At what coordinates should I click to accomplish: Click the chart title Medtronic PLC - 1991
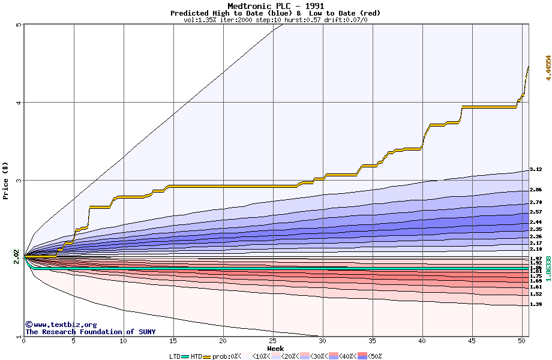click(x=275, y=6)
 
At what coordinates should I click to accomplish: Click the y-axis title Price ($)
click(x=6, y=180)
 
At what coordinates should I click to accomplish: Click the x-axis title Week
click(x=275, y=348)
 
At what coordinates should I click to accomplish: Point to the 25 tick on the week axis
click(x=272, y=341)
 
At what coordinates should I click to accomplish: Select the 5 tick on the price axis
click(x=19, y=25)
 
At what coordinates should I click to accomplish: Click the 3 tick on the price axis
click(x=19, y=180)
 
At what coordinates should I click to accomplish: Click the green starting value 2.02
click(x=16, y=257)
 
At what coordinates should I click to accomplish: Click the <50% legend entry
click(x=373, y=356)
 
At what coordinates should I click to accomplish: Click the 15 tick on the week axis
click(x=173, y=341)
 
